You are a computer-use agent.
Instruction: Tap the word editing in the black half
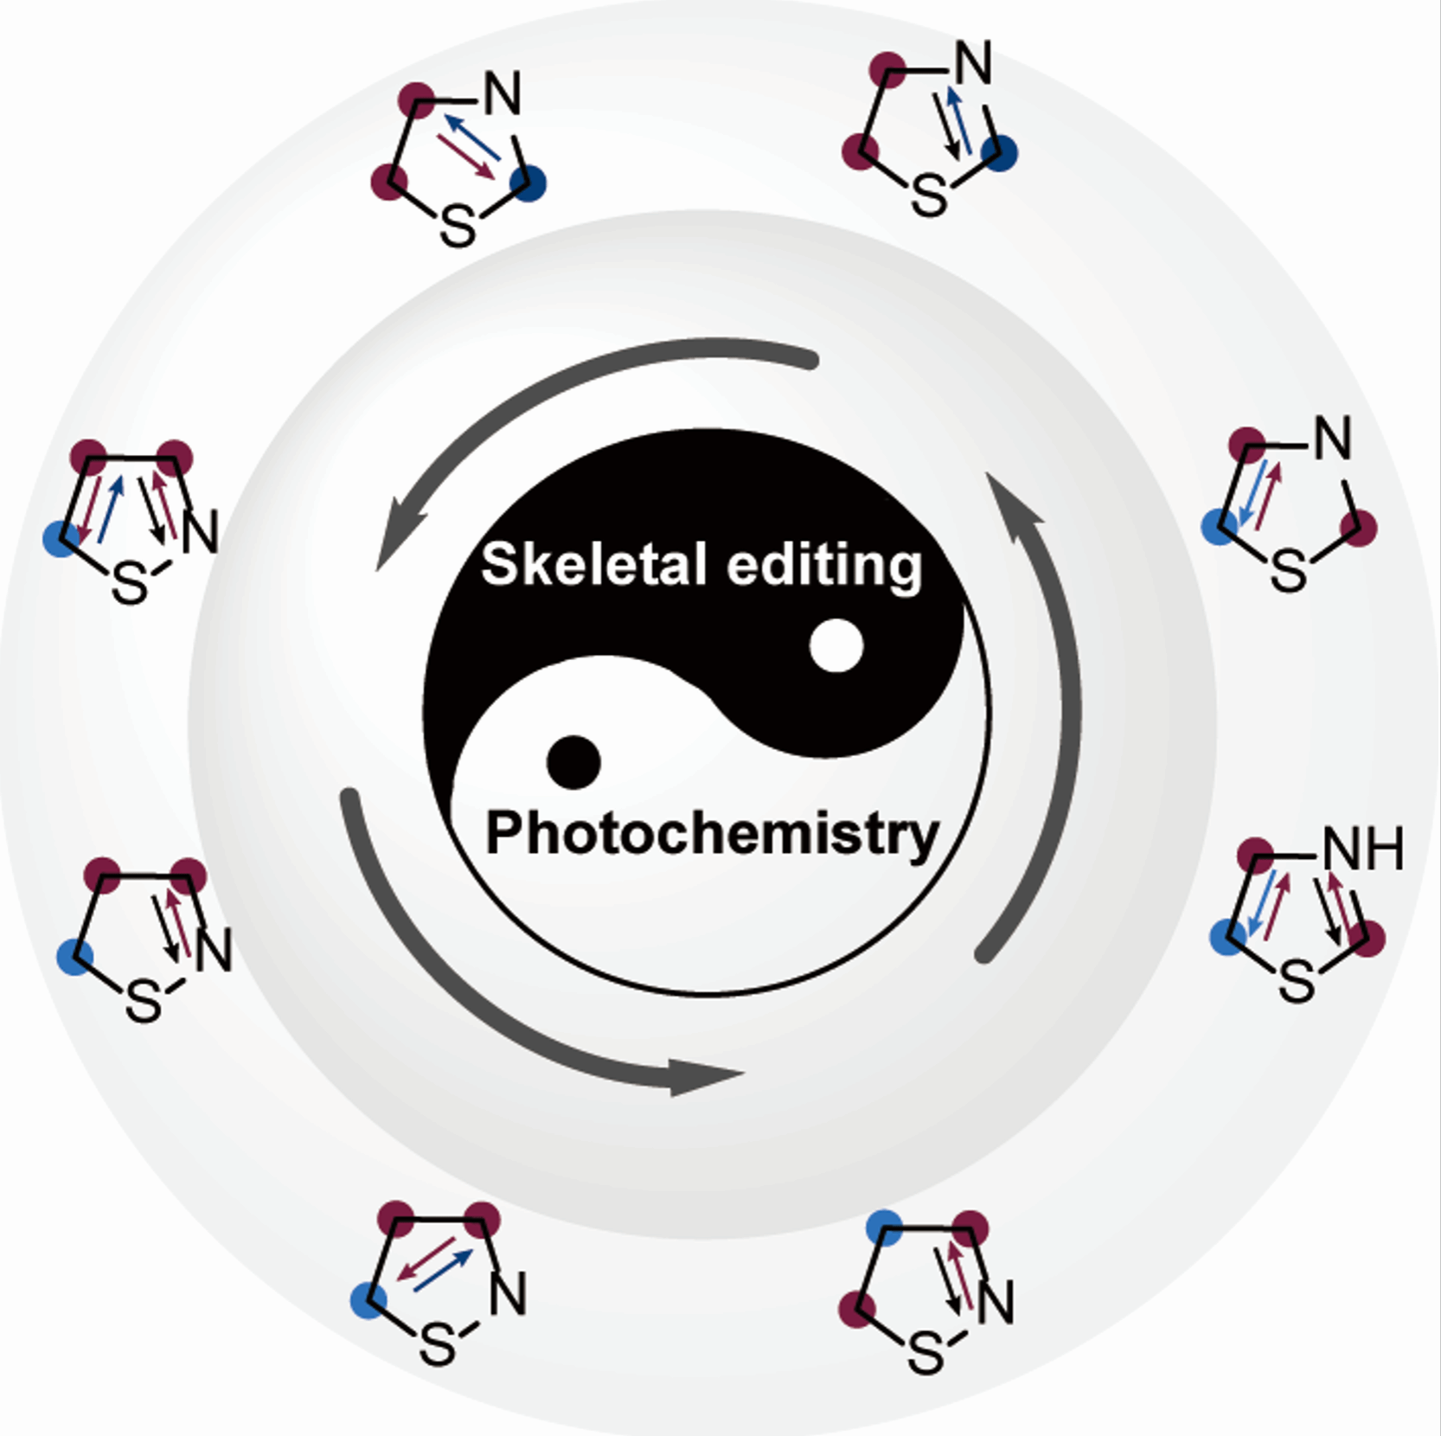[824, 567]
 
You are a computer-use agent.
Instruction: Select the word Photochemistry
[712, 834]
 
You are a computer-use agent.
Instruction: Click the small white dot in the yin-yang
[836, 645]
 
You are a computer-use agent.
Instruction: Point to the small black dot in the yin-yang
[573, 762]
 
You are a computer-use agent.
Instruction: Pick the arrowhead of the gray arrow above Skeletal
[399, 537]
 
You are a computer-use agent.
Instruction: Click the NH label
[1363, 849]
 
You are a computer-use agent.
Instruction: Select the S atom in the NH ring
[1297, 983]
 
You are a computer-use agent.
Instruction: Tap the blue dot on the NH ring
[1228, 936]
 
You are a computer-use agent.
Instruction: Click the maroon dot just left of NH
[1255, 856]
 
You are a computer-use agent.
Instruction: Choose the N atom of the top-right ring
[973, 62]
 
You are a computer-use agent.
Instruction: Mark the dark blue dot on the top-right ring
[1000, 153]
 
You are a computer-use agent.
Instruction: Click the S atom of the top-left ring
[458, 227]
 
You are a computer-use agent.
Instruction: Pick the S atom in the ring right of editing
[1288, 571]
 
